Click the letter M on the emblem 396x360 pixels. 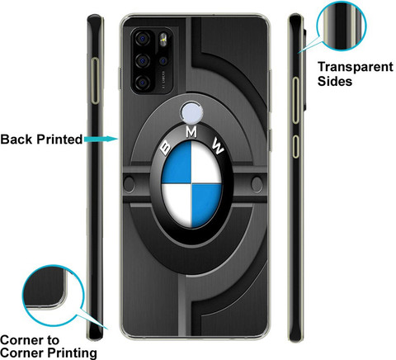coord(191,132)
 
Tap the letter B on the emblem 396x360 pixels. coord(166,148)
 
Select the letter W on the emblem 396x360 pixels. coord(219,145)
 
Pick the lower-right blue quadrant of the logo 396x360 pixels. coord(205,204)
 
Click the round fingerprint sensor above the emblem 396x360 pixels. coord(191,112)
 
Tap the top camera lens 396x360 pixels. coord(143,39)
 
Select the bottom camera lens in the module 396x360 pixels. coord(143,83)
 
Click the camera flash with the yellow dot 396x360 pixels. coord(163,40)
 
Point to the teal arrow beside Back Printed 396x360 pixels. coord(101,139)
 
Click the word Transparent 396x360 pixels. coord(356,67)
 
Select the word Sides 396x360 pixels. coord(335,81)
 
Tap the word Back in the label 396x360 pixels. coord(16,139)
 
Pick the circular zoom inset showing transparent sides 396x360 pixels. coord(342,26)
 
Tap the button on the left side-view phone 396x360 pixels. coord(95,81)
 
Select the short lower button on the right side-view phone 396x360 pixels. coord(295,146)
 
